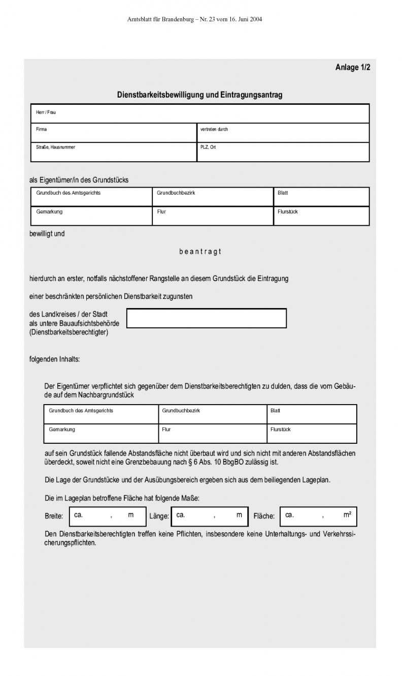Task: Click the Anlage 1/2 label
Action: click(x=352, y=67)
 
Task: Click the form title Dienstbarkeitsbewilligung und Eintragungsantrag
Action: click(x=199, y=95)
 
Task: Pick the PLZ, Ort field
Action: click(x=283, y=152)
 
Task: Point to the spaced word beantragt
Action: click(x=200, y=252)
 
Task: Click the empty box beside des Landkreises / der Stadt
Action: click(x=206, y=318)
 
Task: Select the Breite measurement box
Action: click(x=107, y=516)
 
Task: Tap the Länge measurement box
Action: click(x=210, y=516)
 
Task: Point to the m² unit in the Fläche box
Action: click(x=347, y=515)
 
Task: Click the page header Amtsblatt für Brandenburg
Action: click(x=194, y=19)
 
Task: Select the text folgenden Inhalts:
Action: click(x=55, y=359)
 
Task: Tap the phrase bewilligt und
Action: click(x=47, y=234)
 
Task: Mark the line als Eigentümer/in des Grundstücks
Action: click(x=79, y=180)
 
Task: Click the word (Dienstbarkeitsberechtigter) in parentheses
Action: click(x=69, y=332)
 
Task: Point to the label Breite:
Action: click(x=54, y=516)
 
